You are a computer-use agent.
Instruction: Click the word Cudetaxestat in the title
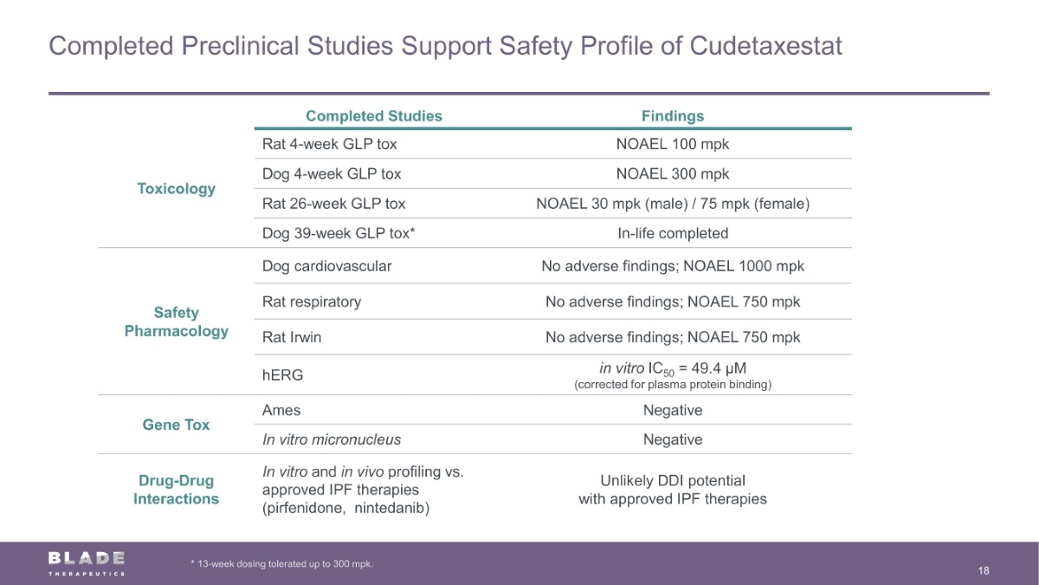(x=765, y=46)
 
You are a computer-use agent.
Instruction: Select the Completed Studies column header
(x=374, y=116)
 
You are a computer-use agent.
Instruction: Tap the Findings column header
(x=673, y=116)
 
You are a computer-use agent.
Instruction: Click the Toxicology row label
(x=177, y=189)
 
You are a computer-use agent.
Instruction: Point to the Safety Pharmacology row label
(x=177, y=322)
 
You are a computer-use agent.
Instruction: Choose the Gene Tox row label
(x=177, y=425)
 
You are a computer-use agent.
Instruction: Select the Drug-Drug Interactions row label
(x=177, y=490)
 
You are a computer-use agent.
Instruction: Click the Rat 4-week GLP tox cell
(x=330, y=144)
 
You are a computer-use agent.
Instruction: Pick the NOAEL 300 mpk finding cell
(x=673, y=173)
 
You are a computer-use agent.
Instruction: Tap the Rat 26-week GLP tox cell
(x=333, y=204)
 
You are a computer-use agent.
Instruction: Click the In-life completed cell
(x=673, y=233)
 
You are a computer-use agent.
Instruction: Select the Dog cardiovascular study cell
(x=326, y=266)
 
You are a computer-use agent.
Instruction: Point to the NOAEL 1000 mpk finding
(x=744, y=266)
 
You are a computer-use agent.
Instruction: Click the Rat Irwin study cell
(x=292, y=337)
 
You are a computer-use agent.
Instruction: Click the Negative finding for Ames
(x=673, y=410)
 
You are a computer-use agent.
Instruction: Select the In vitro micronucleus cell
(x=332, y=439)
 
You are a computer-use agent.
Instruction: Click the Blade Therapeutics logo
(x=87, y=562)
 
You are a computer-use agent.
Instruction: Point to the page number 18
(x=984, y=570)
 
